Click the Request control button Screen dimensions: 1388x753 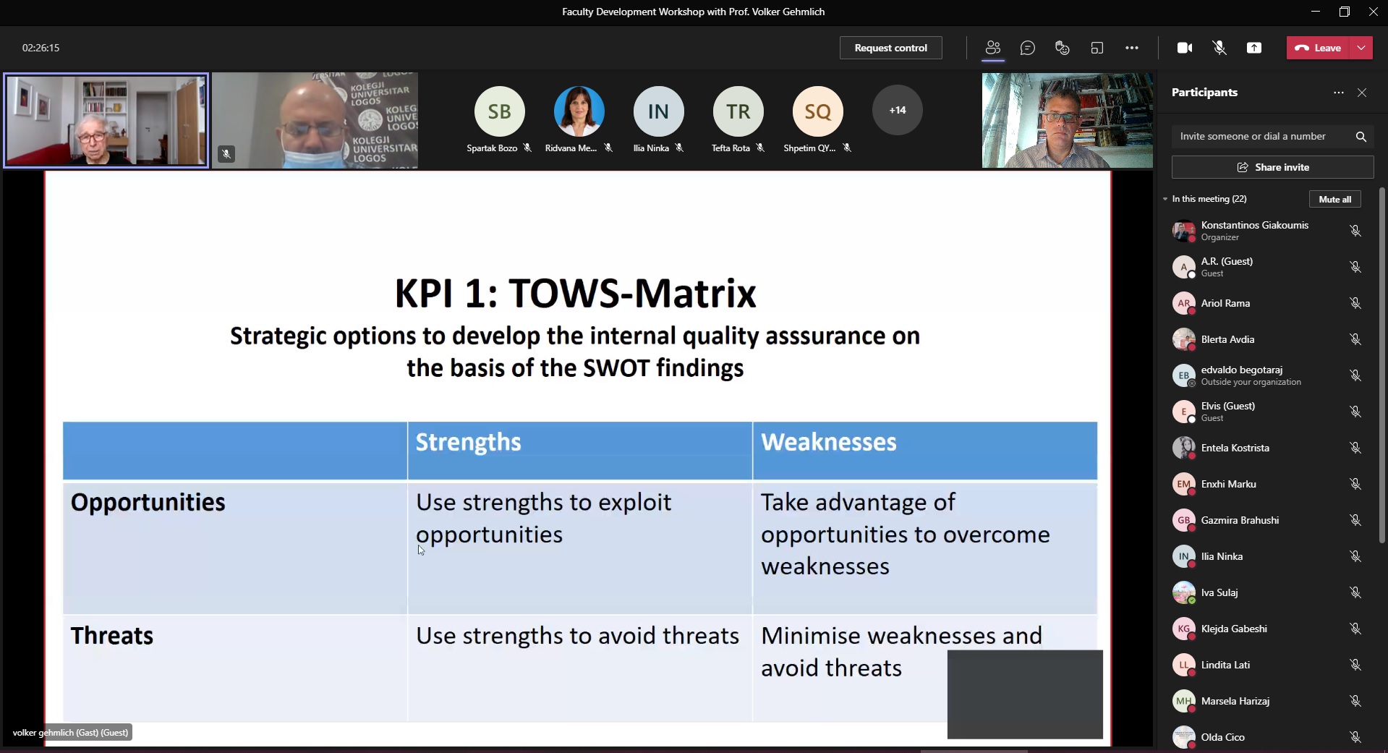(890, 48)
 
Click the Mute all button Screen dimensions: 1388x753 (1334, 199)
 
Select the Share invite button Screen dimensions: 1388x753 (1272, 167)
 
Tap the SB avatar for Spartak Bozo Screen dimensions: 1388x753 (499, 111)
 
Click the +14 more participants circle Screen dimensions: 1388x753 (898, 110)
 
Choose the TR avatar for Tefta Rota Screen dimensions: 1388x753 (738, 111)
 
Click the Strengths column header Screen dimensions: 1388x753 (468, 442)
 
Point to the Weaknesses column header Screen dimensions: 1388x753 (828, 442)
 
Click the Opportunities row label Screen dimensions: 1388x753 (148, 503)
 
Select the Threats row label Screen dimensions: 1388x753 (111, 636)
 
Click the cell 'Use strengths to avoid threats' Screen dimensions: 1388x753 (577, 636)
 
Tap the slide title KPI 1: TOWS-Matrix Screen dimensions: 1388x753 (575, 293)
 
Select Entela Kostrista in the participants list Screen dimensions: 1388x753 (1235, 448)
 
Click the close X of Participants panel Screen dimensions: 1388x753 (1362, 93)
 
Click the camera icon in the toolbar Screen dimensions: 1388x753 (1185, 48)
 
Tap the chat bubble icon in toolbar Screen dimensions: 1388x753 (1027, 48)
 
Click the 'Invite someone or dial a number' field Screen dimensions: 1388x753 (1262, 136)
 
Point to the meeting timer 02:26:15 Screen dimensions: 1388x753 (41, 48)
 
